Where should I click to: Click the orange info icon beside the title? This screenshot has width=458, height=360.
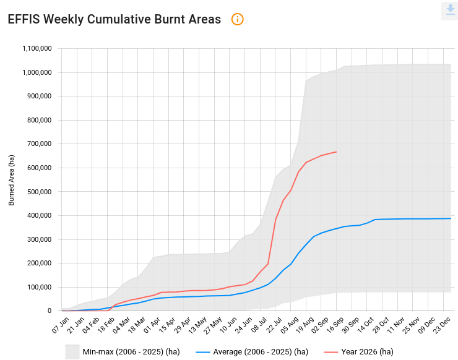point(237,20)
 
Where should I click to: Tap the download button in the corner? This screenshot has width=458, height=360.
point(451,11)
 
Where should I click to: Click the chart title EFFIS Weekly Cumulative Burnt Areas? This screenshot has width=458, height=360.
point(114,20)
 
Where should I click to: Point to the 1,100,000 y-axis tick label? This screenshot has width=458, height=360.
point(37,48)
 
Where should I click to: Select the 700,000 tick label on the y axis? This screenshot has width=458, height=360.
point(40,144)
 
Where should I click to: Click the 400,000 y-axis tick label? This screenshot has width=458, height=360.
point(40,215)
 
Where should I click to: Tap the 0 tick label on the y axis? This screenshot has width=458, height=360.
point(50,311)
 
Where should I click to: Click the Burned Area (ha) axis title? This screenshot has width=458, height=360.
point(11,180)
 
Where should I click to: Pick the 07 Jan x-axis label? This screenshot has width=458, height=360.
point(61,325)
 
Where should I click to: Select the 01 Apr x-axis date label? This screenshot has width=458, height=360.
point(152,325)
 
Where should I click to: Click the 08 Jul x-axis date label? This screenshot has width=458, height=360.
point(259,325)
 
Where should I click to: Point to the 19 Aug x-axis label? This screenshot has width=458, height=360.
point(305,325)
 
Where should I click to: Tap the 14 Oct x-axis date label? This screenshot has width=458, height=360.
point(366,325)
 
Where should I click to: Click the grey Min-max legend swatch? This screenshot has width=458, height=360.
point(72,352)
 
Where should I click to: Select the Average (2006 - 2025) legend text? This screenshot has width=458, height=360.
point(261,352)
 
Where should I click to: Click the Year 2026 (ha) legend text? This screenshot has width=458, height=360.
point(368,352)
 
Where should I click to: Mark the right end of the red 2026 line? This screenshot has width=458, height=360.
point(337,152)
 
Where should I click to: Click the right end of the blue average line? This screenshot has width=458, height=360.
point(451,218)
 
